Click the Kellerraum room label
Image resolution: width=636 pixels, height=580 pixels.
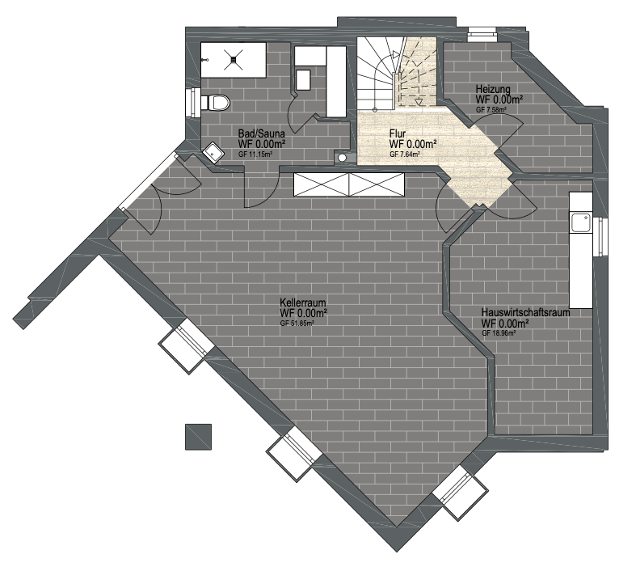[x=302, y=303]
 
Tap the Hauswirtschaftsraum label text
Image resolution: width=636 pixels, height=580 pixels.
[x=525, y=313]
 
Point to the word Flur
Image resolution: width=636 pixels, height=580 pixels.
[x=398, y=133]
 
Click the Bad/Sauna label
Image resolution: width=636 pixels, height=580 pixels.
[x=262, y=133]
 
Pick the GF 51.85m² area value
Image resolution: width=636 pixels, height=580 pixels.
[x=297, y=324]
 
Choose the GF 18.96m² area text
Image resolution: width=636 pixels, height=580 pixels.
[x=499, y=333]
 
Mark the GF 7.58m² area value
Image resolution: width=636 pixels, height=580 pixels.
[x=491, y=109]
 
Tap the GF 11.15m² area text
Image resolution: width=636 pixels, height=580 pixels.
[x=255, y=155]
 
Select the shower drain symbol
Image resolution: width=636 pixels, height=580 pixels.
[x=234, y=60]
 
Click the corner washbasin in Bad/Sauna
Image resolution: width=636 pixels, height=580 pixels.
[x=213, y=153]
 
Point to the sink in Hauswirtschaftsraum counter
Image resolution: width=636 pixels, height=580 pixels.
[x=581, y=222]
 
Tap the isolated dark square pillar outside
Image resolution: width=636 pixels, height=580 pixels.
[x=198, y=437]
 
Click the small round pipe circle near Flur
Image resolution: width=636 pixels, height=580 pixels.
[x=343, y=158]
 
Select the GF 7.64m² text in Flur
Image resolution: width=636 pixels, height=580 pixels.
[x=404, y=155]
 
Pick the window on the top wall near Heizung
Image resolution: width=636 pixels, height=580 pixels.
[x=482, y=35]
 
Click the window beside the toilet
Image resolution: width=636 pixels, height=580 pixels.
[x=193, y=102]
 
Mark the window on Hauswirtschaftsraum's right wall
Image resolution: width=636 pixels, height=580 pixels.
[x=601, y=237]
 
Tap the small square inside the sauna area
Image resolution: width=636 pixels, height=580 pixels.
[x=303, y=79]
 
